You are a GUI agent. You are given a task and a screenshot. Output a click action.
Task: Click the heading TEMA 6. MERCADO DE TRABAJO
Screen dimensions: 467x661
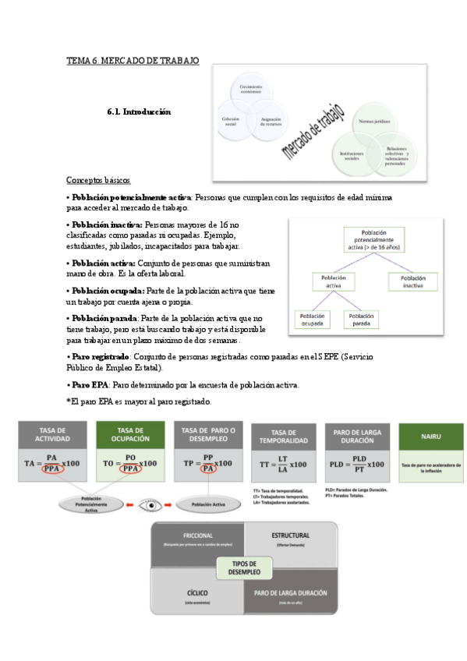[133, 60]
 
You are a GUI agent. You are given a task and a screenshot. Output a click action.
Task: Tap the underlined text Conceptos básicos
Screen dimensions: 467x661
[98, 180]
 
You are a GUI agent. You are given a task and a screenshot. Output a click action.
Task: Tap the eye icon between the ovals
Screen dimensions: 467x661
[148, 505]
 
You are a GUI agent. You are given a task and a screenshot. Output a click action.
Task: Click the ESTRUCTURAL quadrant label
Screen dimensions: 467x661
[291, 536]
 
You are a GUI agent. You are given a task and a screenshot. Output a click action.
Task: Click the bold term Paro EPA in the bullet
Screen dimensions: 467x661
[91, 385]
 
